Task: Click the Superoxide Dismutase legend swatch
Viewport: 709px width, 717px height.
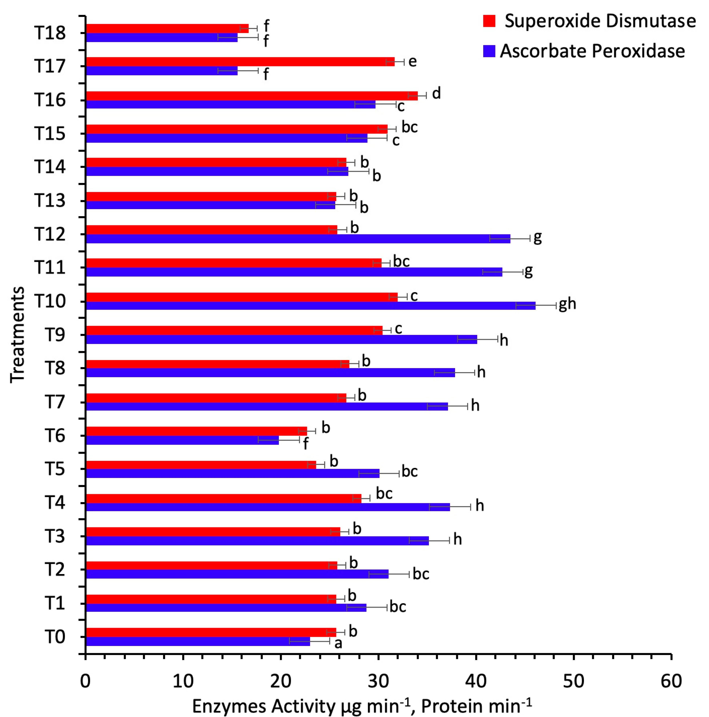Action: coord(489,21)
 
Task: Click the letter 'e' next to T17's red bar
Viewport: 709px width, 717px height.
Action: coord(412,61)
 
